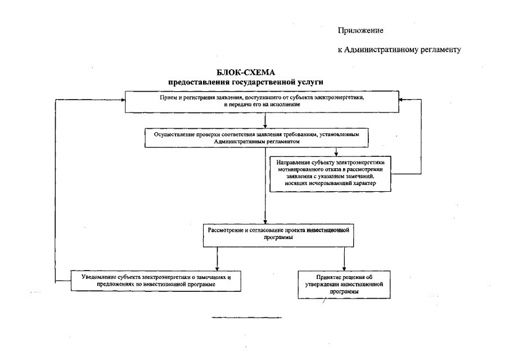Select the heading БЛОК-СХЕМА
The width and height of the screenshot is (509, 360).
(x=242, y=73)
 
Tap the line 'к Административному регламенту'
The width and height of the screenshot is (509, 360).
(x=399, y=49)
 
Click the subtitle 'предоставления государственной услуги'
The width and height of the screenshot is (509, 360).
(x=242, y=82)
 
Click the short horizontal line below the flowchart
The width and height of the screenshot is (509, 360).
(x=246, y=318)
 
